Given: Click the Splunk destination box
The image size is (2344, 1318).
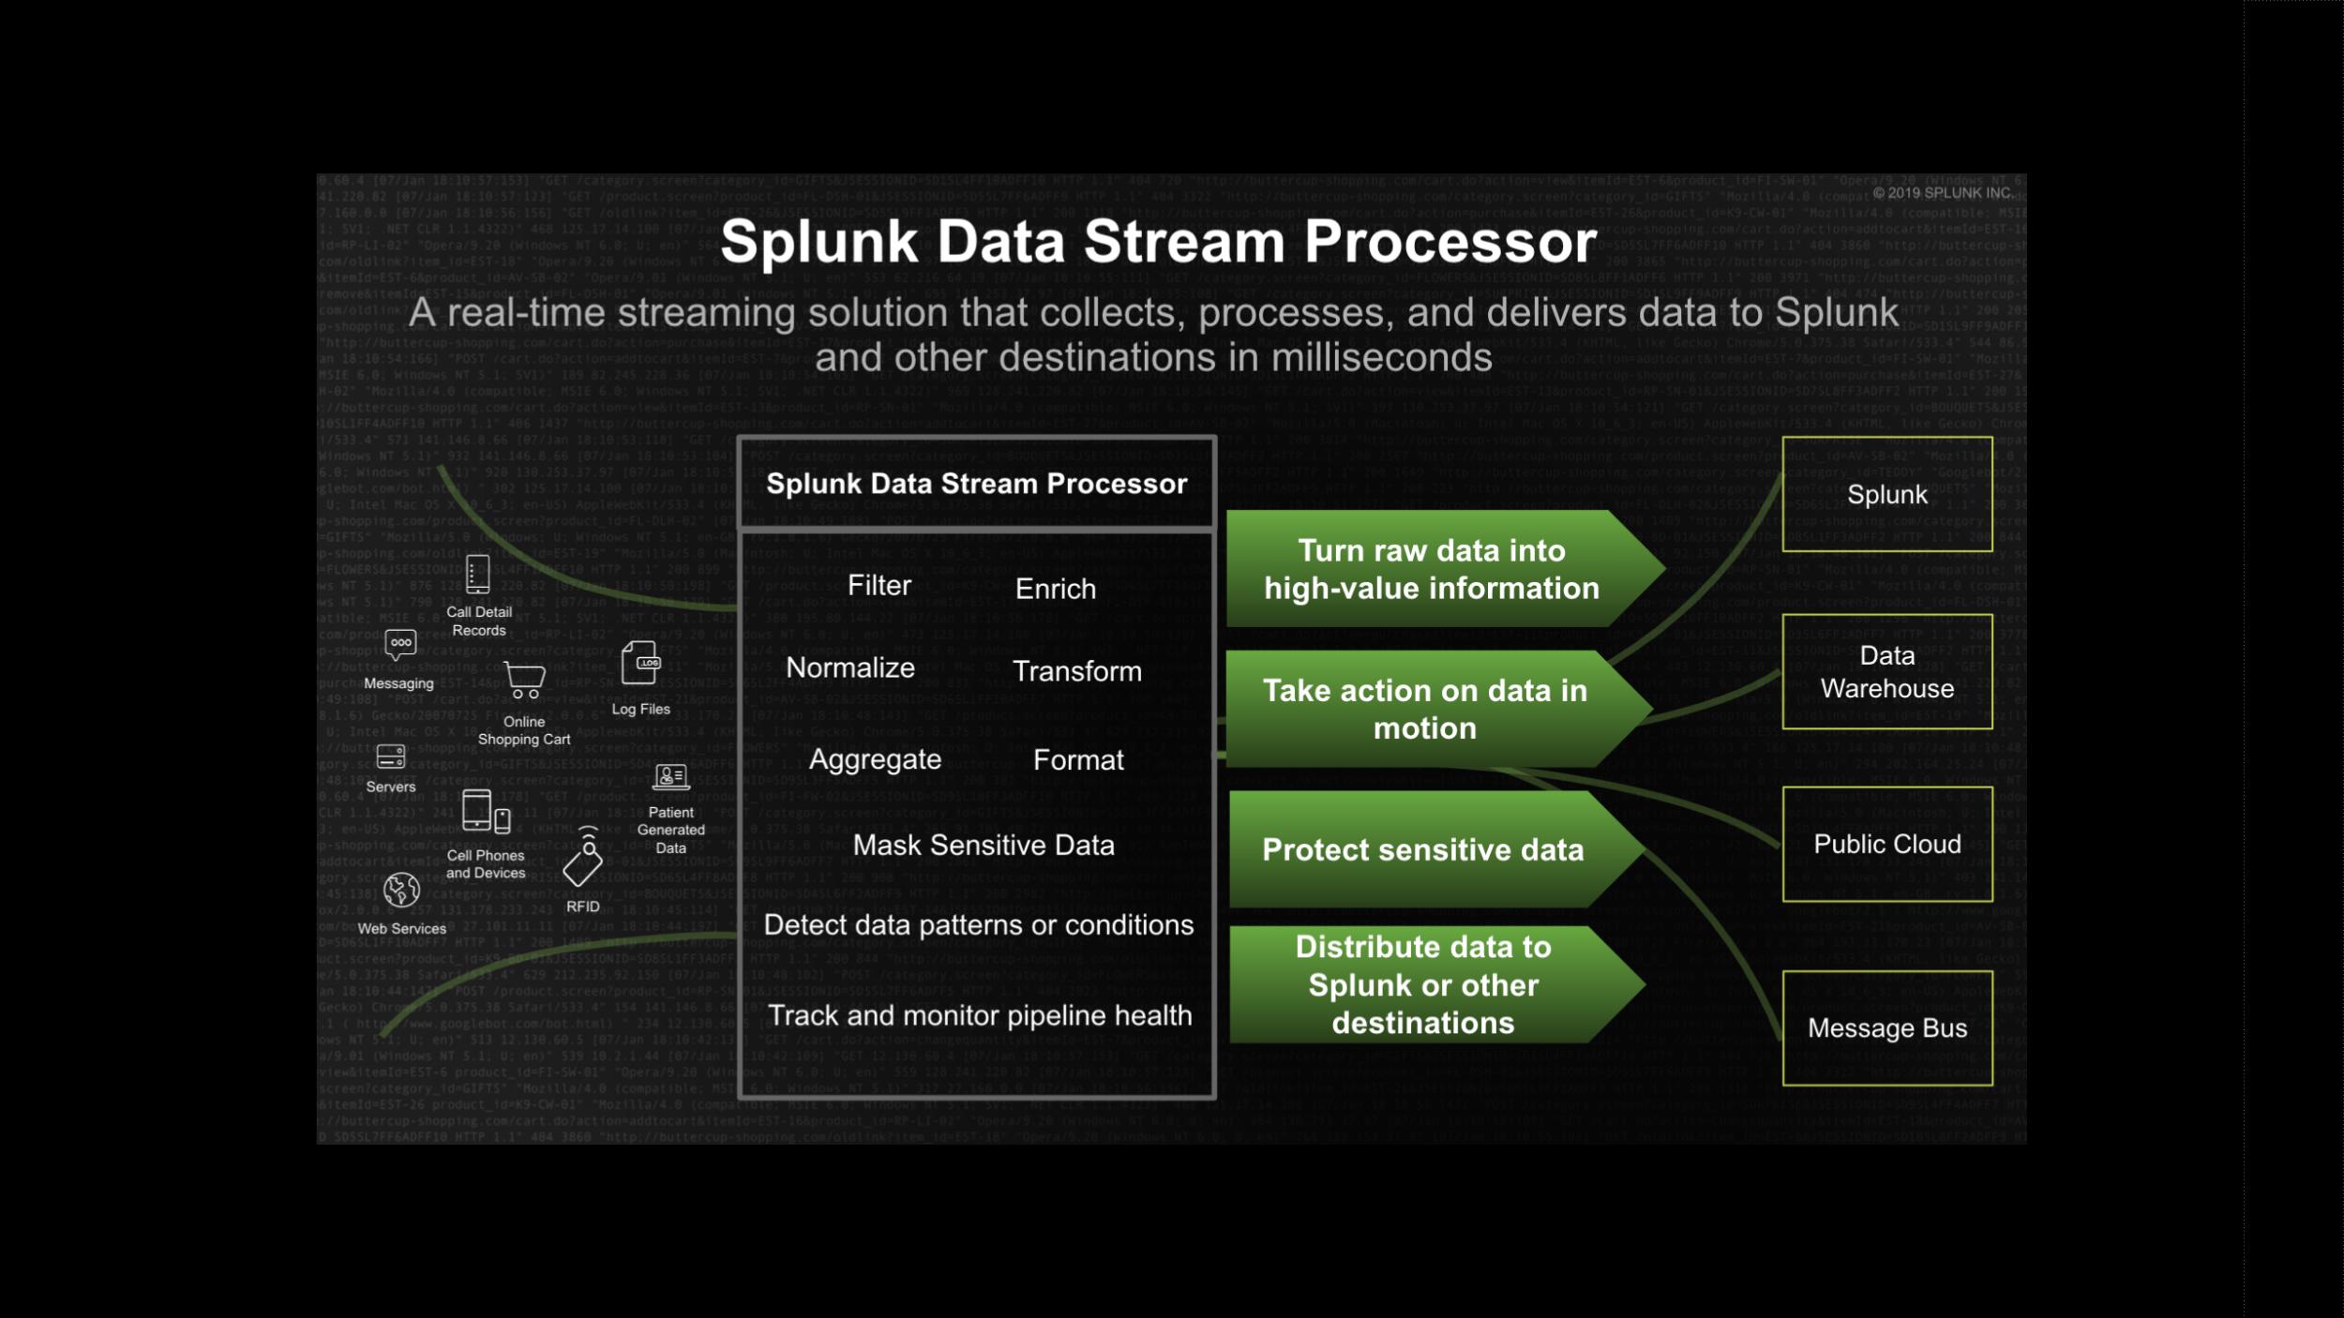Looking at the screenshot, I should [x=1886, y=494].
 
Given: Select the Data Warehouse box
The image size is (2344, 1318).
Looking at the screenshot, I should [x=1886, y=671].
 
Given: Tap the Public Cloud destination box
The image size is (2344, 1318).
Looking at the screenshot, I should [x=1886, y=844].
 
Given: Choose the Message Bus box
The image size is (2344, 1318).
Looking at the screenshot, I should [x=1886, y=1027].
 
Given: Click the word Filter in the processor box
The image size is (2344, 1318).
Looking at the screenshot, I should [x=879, y=586].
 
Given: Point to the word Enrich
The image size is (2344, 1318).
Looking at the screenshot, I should [x=1055, y=589].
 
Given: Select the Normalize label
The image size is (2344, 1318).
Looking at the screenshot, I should [x=849, y=667].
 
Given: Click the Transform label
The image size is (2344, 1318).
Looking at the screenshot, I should [x=1076, y=671].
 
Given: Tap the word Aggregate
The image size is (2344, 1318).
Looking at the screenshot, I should [x=874, y=759].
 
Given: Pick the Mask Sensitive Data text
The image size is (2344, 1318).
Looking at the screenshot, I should [x=983, y=845].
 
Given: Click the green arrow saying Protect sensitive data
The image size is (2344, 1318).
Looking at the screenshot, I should [x=1423, y=849].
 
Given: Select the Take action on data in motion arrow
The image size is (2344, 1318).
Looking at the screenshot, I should [x=1425, y=709].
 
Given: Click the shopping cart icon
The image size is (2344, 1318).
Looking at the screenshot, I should [x=524, y=680].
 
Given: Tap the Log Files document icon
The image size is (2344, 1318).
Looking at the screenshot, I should [x=640, y=663].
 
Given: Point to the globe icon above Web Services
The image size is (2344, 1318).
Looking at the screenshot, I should [x=401, y=890].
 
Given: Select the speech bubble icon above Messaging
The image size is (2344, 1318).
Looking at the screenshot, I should [x=400, y=644].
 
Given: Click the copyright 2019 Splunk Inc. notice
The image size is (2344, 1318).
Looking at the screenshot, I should [x=1942, y=193].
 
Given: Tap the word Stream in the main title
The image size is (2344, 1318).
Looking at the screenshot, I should [x=1183, y=242].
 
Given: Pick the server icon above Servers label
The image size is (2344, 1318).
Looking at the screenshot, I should [x=390, y=756].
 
